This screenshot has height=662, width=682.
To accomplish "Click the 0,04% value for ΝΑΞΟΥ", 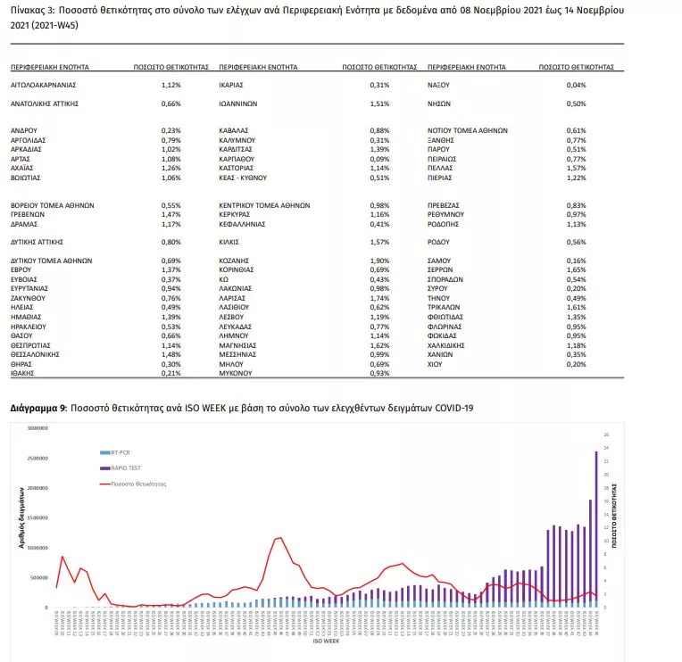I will tap(576, 85).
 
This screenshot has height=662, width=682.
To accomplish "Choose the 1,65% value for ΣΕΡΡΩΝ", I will tap(576, 269).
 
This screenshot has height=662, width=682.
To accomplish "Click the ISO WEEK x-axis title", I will tap(325, 641).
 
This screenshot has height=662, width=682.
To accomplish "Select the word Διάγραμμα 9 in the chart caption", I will tap(37, 407).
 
